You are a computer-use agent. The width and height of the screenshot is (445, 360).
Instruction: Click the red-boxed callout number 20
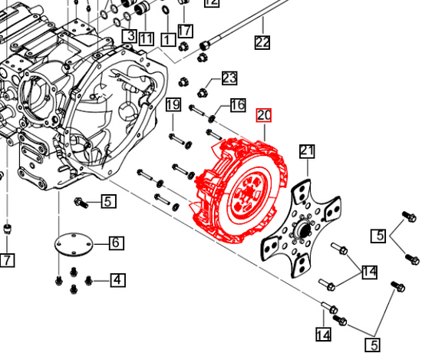click(x=264, y=116)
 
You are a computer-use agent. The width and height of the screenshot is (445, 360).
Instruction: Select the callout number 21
click(x=307, y=150)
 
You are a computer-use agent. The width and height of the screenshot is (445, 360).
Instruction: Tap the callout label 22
click(x=262, y=42)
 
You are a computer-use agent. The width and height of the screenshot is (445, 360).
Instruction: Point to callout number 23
click(x=229, y=78)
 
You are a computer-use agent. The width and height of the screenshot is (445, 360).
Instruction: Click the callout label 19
click(x=173, y=105)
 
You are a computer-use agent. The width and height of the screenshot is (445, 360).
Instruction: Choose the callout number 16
click(x=237, y=105)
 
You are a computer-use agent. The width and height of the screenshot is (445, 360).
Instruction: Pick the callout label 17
click(x=185, y=31)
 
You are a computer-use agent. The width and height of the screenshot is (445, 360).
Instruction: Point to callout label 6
click(x=115, y=243)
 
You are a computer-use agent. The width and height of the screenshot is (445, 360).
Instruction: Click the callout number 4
click(x=117, y=279)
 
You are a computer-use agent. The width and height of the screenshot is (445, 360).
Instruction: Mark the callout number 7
click(x=6, y=260)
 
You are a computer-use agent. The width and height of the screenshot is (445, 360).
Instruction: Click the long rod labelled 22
click(x=238, y=27)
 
